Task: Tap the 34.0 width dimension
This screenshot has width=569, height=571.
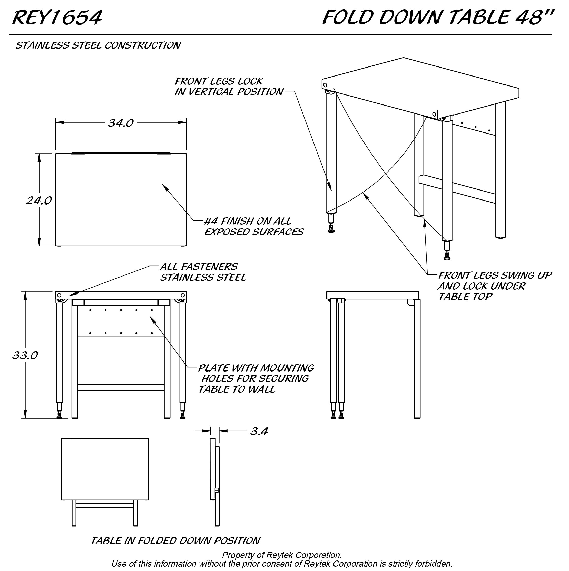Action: pyautogui.click(x=121, y=123)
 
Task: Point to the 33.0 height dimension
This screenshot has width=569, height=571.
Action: pyautogui.click(x=25, y=355)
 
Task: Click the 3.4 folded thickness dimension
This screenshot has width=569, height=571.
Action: pyautogui.click(x=259, y=431)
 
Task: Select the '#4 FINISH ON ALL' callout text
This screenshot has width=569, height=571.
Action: pyautogui.click(x=248, y=221)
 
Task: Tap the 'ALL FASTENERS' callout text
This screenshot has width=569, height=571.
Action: pyautogui.click(x=198, y=267)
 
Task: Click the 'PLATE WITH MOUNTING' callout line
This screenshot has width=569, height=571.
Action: pyautogui.click(x=256, y=368)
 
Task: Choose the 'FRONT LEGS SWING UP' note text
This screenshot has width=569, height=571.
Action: pyautogui.click(x=495, y=275)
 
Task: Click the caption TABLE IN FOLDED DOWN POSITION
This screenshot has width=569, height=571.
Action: pyautogui.click(x=175, y=541)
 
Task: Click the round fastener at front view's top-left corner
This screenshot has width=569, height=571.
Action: pyautogui.click(x=59, y=295)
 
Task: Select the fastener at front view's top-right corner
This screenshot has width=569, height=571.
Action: pyautogui.click(x=183, y=295)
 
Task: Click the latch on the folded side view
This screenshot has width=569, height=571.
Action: pyautogui.click(x=217, y=490)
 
